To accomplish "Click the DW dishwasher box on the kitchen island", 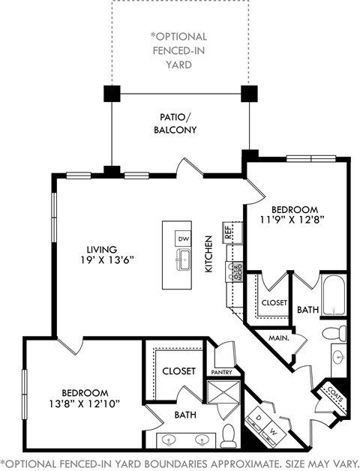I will pos(183,238).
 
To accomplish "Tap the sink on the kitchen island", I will pos(183,261).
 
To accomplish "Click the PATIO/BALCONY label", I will pos(178,124).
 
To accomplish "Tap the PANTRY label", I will pos(222,372).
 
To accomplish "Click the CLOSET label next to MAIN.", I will pos(274,303).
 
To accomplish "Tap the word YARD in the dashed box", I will pos(178,64).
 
